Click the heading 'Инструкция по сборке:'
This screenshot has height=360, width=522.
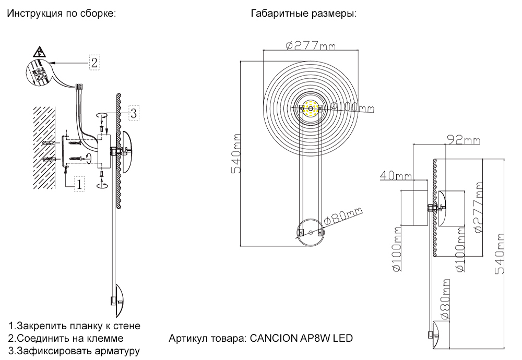pyautogui.click(x=60, y=14)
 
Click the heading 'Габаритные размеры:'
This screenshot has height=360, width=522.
pyautogui.click(x=303, y=14)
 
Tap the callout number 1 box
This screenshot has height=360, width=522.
pyautogui.click(x=79, y=184)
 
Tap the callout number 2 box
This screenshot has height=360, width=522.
pyautogui.click(x=93, y=63)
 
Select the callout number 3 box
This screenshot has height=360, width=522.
pyautogui.click(x=133, y=112)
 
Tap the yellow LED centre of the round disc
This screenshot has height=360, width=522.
pyautogui.click(x=311, y=108)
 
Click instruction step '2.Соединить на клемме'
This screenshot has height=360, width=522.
pyautogui.click(x=66, y=339)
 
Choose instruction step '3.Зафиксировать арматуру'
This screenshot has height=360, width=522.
pyautogui.click(x=74, y=351)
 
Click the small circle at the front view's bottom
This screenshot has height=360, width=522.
pyautogui.click(x=311, y=233)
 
